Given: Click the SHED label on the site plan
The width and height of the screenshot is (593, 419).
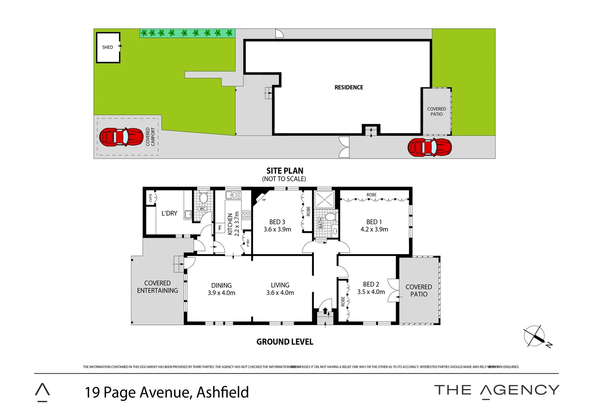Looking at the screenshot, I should click(108, 47).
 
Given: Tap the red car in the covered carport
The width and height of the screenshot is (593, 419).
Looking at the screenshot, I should click(121, 137).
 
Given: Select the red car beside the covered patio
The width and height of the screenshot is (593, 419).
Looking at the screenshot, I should click(430, 147).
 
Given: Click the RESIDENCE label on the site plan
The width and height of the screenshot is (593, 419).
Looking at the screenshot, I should click(349, 88).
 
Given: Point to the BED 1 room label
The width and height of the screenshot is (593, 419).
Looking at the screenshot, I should click(374, 222).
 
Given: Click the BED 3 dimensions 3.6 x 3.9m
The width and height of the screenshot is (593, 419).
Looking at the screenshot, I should click(277, 229).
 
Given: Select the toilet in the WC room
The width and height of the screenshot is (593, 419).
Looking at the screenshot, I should click(203, 198).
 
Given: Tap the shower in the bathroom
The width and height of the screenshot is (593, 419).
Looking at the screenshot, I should click(324, 199).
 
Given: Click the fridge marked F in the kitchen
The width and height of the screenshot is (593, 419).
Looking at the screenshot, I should click(220, 228).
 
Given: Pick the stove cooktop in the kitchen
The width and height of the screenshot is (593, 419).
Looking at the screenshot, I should click(246, 215).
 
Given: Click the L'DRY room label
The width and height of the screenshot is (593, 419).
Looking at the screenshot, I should click(169, 213).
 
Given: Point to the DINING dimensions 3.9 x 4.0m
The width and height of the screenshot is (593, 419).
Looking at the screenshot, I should click(221, 293).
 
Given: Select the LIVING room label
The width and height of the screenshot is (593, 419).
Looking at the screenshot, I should click(280, 285).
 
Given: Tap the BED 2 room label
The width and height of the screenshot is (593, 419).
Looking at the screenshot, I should click(371, 284).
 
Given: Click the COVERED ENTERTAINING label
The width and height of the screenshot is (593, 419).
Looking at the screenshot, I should click(158, 287).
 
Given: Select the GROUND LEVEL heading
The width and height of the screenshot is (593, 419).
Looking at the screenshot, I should click(284, 342).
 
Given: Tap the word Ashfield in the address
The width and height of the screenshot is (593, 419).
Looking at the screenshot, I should click(222, 392).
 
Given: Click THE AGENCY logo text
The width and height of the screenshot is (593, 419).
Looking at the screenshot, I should click(496, 390).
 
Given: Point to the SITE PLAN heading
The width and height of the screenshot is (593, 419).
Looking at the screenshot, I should click(284, 171).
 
